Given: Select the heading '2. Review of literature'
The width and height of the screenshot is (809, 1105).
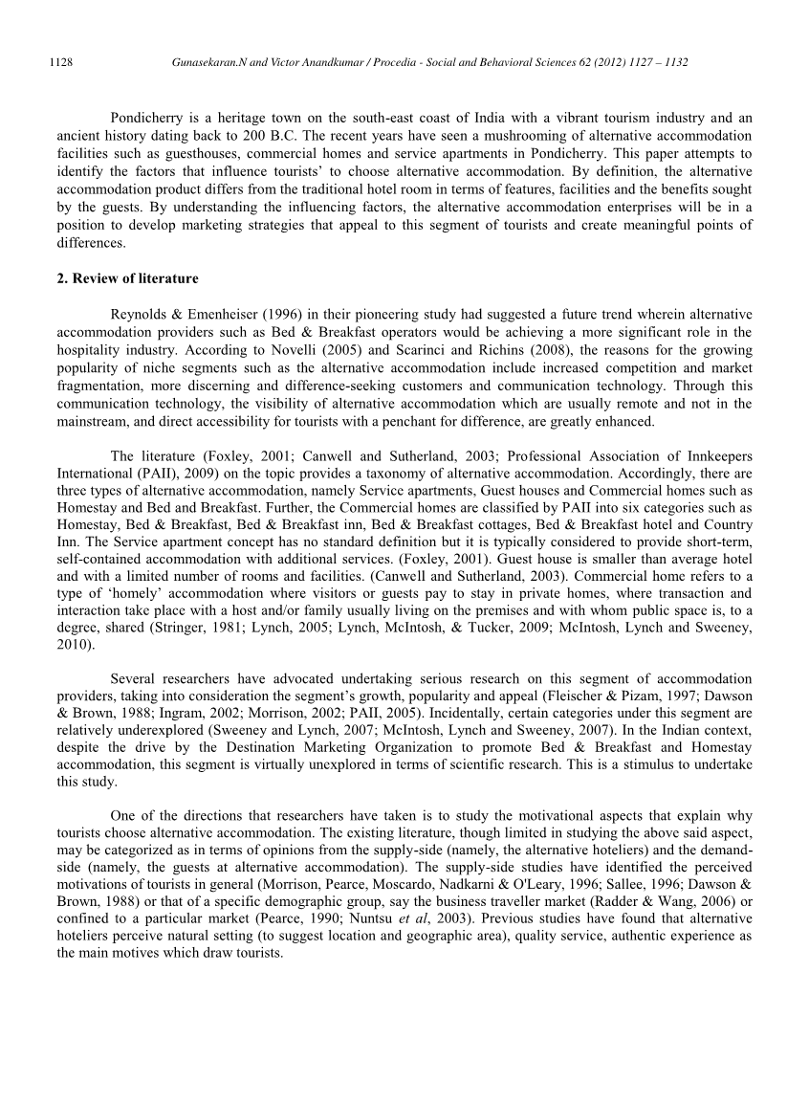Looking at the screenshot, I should [128, 278].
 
